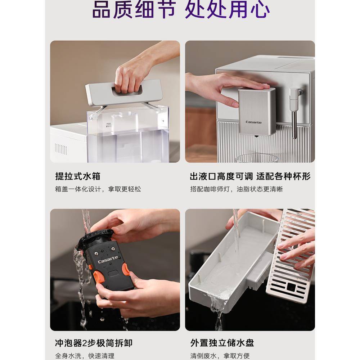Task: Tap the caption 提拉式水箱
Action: [x=78, y=176]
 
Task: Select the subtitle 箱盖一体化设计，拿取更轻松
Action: [x=98, y=189]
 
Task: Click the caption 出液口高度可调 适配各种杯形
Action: [x=250, y=176]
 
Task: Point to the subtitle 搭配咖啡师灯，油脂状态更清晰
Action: [x=237, y=189]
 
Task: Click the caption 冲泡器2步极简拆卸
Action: [x=96, y=343]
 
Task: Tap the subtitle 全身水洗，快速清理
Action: [x=85, y=356]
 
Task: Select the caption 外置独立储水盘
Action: [x=222, y=343]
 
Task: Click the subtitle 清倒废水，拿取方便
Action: [x=220, y=356]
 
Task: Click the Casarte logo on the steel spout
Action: [x=254, y=122]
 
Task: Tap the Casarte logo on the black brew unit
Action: [x=108, y=260]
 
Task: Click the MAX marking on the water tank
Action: [x=108, y=123]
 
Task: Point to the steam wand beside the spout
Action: [x=295, y=112]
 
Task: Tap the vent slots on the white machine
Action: [x=61, y=149]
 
